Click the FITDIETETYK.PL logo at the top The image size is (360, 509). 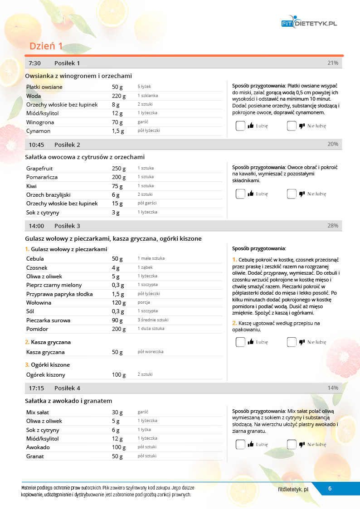(x=309, y=23)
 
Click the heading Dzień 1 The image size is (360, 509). (x=46, y=46)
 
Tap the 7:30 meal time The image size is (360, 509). (x=35, y=63)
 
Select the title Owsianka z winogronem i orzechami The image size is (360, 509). (x=78, y=76)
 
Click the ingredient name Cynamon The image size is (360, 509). (x=39, y=131)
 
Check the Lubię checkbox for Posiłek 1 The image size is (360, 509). (x=240, y=126)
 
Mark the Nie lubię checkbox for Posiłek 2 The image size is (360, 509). (x=292, y=194)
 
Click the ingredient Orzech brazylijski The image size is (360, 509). (x=49, y=195)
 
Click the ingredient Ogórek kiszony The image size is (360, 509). (x=46, y=375)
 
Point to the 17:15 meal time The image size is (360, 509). (x=36, y=388)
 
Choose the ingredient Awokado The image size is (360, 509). (x=38, y=447)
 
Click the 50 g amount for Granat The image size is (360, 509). (x=117, y=456)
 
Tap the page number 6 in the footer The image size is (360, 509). (x=330, y=488)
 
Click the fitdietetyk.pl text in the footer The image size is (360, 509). (x=293, y=489)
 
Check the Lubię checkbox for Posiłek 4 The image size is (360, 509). (x=240, y=445)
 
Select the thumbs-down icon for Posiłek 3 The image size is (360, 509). (x=302, y=342)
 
